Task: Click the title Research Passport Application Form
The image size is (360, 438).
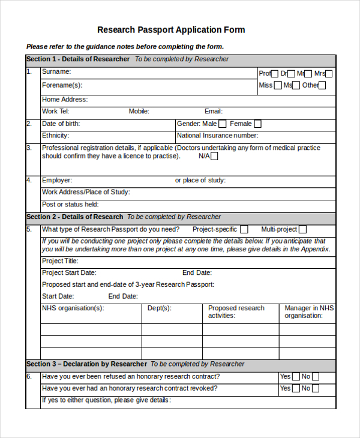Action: [171, 30]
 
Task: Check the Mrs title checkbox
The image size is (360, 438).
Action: [328, 74]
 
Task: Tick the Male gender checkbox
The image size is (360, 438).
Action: [222, 124]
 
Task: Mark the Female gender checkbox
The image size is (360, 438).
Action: [257, 124]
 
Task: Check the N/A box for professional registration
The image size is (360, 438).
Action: [214, 157]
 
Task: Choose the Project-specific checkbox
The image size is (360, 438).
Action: [244, 229]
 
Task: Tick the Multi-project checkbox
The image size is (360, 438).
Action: [302, 229]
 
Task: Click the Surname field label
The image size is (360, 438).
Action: [56, 72]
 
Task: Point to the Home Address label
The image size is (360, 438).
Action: [64, 100]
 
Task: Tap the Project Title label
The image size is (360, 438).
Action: [60, 261]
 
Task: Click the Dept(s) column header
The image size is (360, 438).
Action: [160, 308]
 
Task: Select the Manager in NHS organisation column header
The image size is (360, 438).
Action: [308, 312]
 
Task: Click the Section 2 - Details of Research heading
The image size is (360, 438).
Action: [75, 217]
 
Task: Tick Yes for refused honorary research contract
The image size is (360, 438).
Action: [296, 377]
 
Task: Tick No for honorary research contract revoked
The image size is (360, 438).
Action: [316, 389]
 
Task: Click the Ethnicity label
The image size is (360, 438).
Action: [55, 136]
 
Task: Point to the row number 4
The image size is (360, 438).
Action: [29, 180]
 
